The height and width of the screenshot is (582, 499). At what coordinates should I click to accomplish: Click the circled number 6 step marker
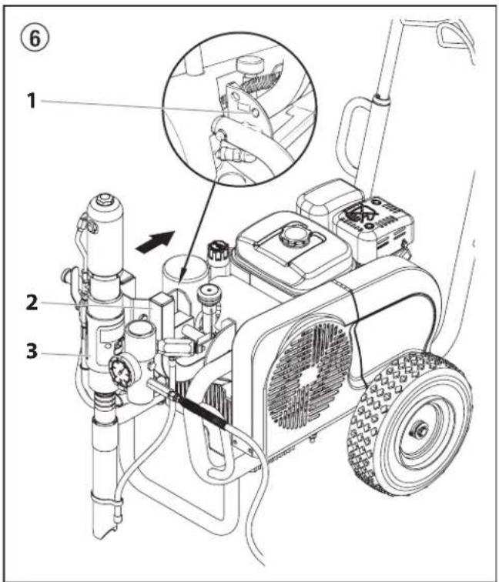pos(35,38)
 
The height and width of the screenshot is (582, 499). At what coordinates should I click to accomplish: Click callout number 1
pos(32,100)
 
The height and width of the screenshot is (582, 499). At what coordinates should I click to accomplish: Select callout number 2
pos(32,303)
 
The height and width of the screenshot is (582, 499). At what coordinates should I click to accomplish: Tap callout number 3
pos(32,351)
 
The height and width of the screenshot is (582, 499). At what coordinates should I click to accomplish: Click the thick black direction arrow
pos(156,241)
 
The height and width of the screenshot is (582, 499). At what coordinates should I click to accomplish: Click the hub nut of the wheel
pos(419,430)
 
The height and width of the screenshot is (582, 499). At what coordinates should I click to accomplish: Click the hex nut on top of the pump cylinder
pos(103,199)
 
